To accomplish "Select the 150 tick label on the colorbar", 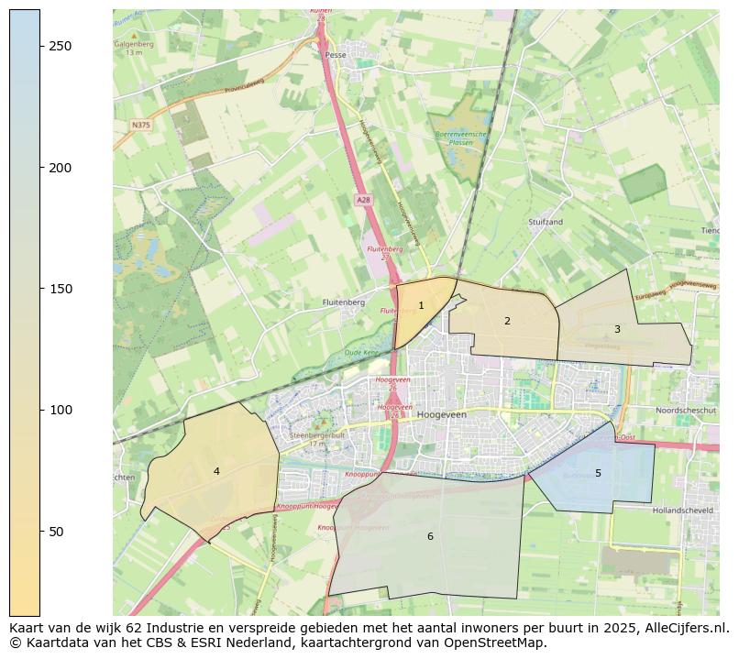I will click(61, 289).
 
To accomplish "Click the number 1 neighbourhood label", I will click(421, 306).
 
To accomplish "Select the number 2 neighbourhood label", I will click(507, 321).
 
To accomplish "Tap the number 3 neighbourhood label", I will click(617, 329).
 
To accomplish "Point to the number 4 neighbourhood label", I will click(216, 471).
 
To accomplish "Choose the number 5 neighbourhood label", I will click(598, 473).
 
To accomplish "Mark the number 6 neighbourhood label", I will click(430, 536).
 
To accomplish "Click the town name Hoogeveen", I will click(442, 415).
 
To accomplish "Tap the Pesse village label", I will click(335, 55).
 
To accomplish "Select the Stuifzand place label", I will click(546, 222).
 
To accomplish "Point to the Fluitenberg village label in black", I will click(344, 302).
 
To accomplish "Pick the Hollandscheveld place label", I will click(688, 510).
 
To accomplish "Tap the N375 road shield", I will click(140, 125).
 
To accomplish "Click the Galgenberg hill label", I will click(133, 43).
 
